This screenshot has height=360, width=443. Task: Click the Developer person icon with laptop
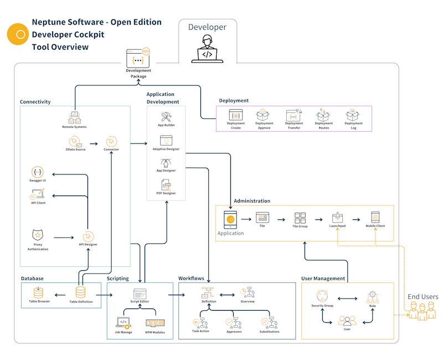(x=207, y=49)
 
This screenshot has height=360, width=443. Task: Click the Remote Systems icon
(x=74, y=117)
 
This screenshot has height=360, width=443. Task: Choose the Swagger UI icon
(x=38, y=172)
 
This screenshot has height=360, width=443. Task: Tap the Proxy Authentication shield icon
(x=38, y=235)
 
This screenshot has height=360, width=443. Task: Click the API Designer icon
(x=88, y=236)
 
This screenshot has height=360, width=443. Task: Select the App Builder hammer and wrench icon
(x=166, y=116)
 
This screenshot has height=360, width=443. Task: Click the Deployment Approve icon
(x=264, y=115)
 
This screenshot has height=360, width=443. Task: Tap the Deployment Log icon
(x=353, y=115)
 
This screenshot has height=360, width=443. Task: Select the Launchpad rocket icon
(x=337, y=218)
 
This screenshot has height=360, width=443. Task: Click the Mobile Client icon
(x=375, y=217)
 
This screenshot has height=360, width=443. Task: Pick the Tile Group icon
(x=300, y=218)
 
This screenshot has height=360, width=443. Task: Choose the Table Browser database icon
(x=38, y=292)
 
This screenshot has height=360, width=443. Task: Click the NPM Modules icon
(x=154, y=322)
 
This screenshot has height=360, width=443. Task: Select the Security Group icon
(x=322, y=296)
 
